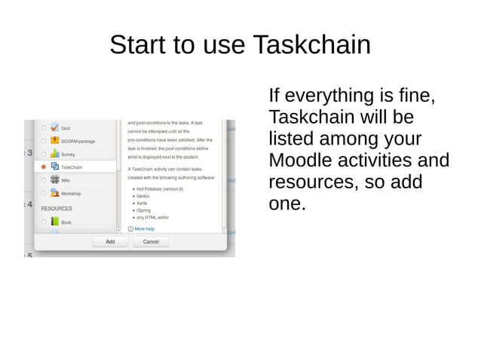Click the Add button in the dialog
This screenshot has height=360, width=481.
click(110, 242)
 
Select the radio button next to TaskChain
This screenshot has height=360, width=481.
click(44, 166)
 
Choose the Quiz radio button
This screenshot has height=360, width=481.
click(44, 127)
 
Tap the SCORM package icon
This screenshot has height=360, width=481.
click(54, 140)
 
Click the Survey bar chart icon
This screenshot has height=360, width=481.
click(54, 154)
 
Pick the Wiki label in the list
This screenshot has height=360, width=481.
click(66, 180)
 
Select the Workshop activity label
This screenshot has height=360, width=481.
click(71, 194)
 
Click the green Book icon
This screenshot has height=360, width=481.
click(54, 222)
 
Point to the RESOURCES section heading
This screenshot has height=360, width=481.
click(57, 209)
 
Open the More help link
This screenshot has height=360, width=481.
click(144, 228)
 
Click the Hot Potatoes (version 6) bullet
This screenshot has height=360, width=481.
click(161, 189)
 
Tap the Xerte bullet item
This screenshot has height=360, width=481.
click(142, 203)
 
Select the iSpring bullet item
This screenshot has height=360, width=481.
click(143, 210)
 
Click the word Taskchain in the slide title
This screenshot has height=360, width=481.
click(311, 45)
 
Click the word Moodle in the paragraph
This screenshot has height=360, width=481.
click(307, 161)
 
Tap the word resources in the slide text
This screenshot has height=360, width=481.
click(311, 182)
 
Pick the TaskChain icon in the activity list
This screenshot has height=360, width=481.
click(54, 166)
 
